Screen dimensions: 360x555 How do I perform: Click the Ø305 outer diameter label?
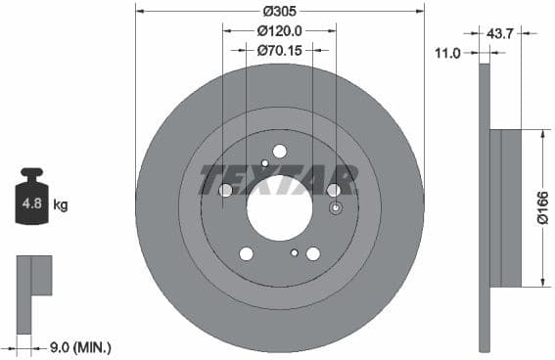tap(279, 12)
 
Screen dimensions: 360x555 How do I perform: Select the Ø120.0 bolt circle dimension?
tap(279, 31)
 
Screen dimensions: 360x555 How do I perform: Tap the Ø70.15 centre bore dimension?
tap(279, 49)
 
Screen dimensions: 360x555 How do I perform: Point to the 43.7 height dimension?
tap(500, 33)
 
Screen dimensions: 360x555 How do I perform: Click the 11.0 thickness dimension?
tap(447, 53)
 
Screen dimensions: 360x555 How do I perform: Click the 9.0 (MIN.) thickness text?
tap(79, 346)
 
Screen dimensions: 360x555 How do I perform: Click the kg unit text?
tap(61, 205)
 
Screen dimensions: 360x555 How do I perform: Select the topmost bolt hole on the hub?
tap(279, 152)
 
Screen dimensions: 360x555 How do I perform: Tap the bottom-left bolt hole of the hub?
tap(247, 254)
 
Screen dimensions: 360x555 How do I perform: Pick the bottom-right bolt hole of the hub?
tap(313, 254)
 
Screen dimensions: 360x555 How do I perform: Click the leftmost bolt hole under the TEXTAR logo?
tap(226, 190)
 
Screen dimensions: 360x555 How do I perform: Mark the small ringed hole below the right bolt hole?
tap(336, 208)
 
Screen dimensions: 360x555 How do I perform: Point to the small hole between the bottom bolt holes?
tap(294, 252)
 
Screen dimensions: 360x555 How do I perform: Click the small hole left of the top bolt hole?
tap(264, 163)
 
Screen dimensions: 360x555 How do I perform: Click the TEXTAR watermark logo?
tap(279, 179)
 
